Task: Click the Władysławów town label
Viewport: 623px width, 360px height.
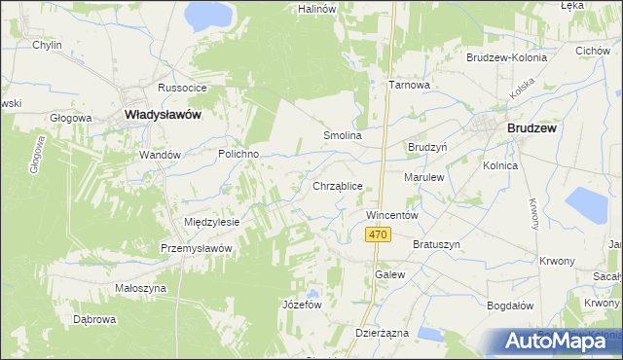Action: coord(164,115)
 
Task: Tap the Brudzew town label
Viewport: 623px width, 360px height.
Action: coord(531,127)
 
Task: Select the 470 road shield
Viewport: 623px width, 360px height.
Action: coord(379,234)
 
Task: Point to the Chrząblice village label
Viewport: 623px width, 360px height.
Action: coord(338,185)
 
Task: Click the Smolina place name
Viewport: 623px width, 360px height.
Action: coord(343,136)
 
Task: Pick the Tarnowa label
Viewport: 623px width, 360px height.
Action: coord(409,85)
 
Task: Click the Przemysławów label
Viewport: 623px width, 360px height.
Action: coord(196,248)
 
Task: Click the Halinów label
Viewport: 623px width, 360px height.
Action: coord(318,9)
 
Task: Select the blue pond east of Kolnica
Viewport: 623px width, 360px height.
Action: coord(585,205)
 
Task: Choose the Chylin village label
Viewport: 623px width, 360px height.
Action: coord(47,46)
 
